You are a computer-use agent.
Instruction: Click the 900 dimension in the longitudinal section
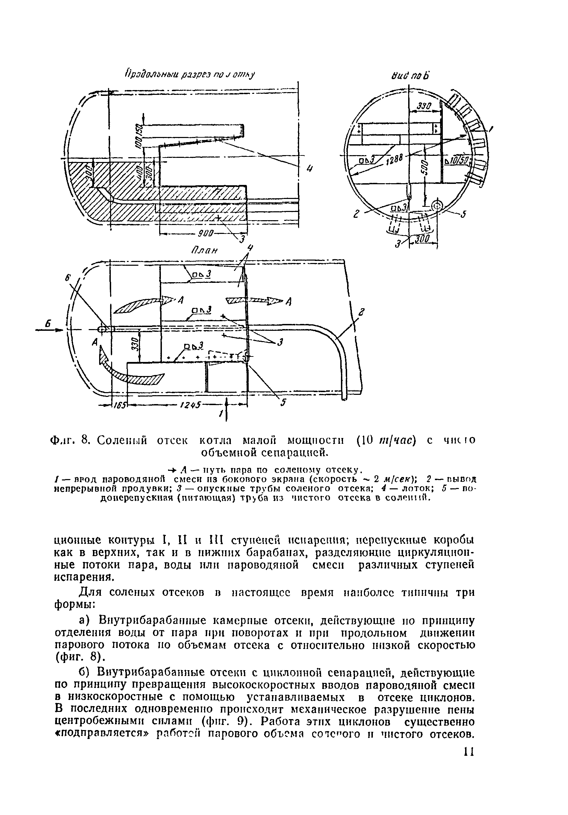click(205, 233)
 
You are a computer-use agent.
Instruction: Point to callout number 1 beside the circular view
click(491, 130)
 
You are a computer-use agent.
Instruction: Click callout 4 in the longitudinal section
click(309, 169)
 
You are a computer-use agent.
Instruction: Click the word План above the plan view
click(204, 250)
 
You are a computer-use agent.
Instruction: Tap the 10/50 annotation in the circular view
click(458, 161)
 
